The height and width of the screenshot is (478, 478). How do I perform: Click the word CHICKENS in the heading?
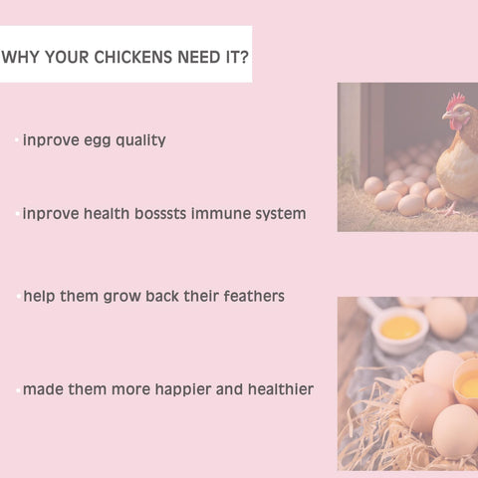coord(133,57)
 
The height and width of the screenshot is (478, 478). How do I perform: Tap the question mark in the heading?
coord(244,57)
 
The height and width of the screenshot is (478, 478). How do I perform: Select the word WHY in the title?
coord(21,57)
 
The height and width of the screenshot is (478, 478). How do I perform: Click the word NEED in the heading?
coord(199,57)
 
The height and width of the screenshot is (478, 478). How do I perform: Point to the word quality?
coord(140,140)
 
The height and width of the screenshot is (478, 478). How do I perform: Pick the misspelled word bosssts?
coord(160,213)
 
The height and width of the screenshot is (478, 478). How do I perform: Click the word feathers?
coord(254,296)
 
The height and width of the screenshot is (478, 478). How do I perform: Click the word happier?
coord(183,389)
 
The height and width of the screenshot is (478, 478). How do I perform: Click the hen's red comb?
coord(455,101)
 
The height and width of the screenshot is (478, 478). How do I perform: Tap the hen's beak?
coord(446,116)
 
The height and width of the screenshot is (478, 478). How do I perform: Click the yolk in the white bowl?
coord(400,327)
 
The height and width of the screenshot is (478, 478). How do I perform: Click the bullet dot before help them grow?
coord(19,296)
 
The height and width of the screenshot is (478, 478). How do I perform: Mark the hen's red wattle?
coord(455,124)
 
